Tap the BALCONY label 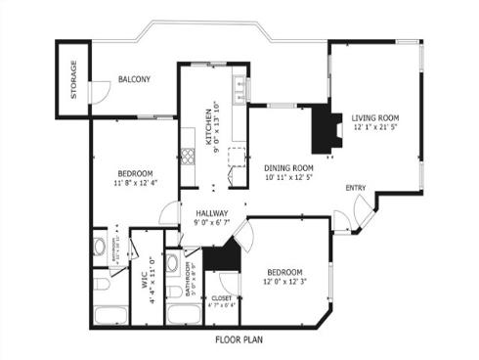point(134,79)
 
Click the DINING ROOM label point(287,167)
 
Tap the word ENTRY point(356,188)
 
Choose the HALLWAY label point(211,213)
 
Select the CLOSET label point(222,297)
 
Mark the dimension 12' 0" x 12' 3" point(285,282)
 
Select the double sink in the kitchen point(238,94)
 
